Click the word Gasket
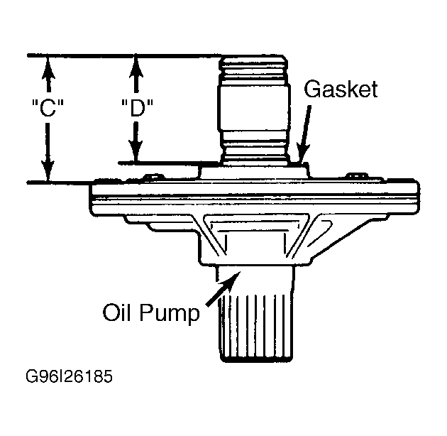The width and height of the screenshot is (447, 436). point(341,89)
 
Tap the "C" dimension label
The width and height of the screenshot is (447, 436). point(48,108)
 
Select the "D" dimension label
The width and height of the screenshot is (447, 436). point(137,108)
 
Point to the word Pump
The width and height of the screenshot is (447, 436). point(170,314)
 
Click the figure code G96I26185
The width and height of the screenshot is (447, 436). point(70,376)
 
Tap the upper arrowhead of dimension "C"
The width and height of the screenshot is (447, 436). point(48,66)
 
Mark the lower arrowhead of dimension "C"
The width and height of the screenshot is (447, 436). point(48,170)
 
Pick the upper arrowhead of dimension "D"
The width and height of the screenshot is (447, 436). point(136,66)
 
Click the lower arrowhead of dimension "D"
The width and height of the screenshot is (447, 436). point(136,151)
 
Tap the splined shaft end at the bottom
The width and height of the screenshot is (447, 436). point(255,328)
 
